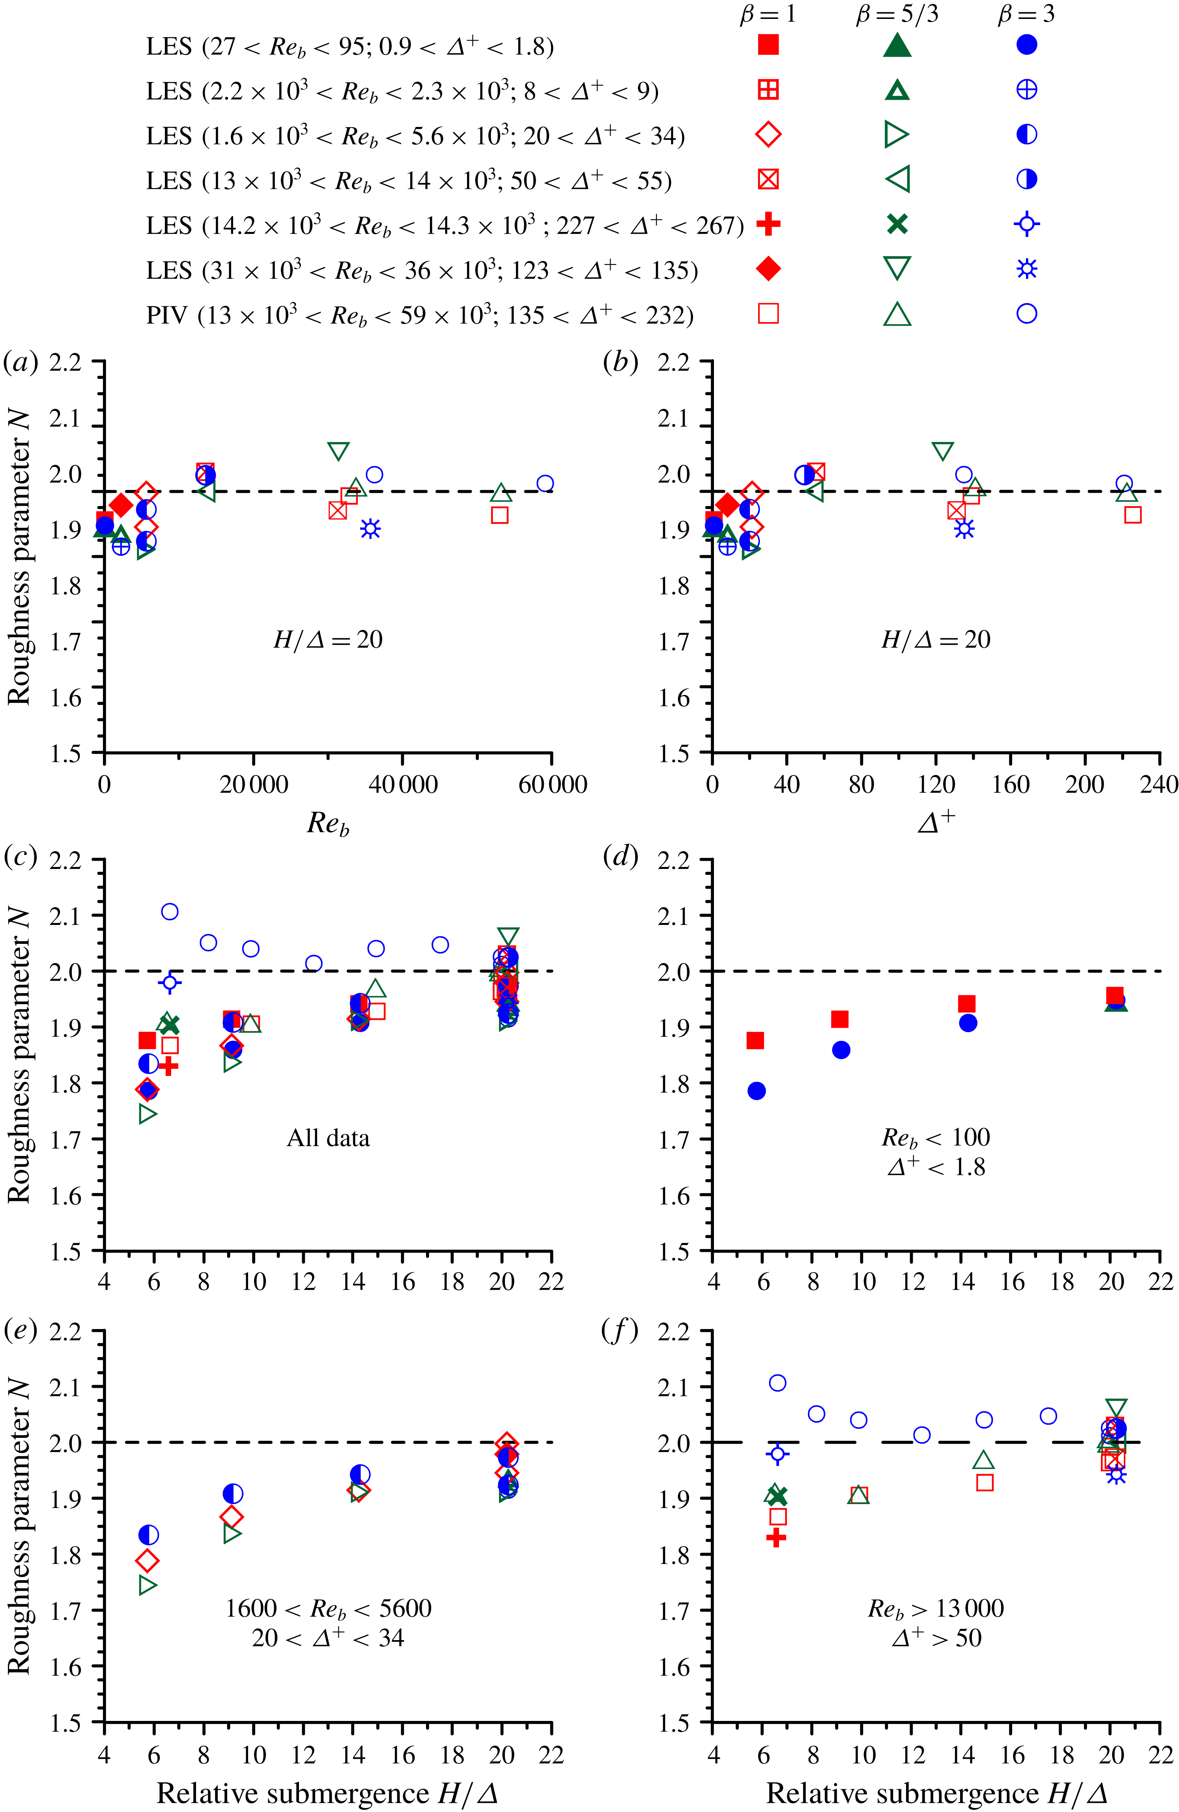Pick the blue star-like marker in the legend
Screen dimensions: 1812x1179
[x=1027, y=269]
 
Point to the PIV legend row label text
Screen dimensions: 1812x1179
[x=419, y=315]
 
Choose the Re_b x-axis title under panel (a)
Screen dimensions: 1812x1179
[x=327, y=823]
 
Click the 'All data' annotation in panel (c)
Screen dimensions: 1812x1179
[x=328, y=1138]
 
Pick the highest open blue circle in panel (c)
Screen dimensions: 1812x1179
[x=170, y=912]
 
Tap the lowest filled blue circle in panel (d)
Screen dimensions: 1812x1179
[x=756, y=1091]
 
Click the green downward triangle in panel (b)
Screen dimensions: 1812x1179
[x=942, y=451]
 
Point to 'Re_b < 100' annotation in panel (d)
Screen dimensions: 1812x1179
[x=936, y=1137]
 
